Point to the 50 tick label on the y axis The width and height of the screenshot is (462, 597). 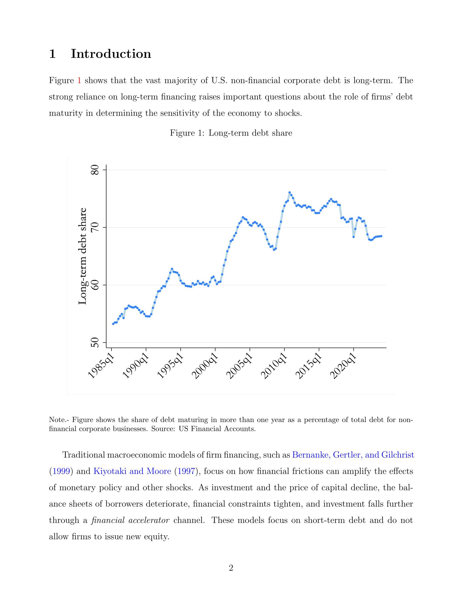(95, 342)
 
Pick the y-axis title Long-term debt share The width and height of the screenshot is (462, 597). (82, 256)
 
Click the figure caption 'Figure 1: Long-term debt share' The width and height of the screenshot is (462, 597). (231, 133)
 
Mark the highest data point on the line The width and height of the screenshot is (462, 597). (290, 193)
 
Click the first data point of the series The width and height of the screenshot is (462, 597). (113, 324)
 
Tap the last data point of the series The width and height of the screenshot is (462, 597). (381, 236)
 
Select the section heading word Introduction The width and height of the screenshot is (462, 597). (111, 54)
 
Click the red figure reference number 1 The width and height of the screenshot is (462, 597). (79, 81)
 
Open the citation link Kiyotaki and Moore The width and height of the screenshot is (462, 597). (132, 471)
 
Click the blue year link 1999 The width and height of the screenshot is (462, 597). (61, 471)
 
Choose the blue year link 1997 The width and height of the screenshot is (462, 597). (186, 471)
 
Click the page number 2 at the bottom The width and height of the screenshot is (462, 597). (231, 568)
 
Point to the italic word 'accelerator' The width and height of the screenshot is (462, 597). (149, 520)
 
